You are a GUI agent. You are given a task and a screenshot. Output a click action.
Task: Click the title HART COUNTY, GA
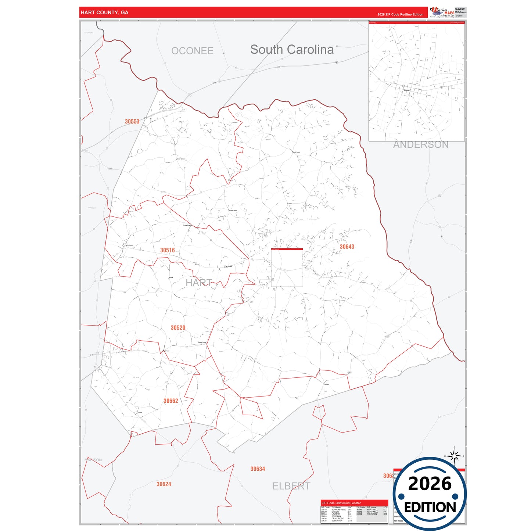104,12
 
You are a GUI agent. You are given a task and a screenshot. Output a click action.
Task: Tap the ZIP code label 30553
132,122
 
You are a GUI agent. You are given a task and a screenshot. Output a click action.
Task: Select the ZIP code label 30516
167,250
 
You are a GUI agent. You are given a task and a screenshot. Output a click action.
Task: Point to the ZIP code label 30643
347,247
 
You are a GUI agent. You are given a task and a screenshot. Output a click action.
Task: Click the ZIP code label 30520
178,328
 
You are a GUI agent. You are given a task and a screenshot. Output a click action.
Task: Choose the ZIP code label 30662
171,401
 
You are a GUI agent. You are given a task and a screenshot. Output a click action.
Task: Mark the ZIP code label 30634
258,469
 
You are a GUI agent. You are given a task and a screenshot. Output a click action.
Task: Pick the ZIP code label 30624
164,484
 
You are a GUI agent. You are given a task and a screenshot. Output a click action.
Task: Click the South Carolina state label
292,50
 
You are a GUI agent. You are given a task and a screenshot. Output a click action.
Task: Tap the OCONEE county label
192,51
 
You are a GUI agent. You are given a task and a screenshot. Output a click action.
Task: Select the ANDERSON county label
421,145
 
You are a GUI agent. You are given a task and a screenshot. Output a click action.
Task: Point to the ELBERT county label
291,486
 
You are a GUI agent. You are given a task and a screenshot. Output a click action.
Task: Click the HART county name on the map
199,283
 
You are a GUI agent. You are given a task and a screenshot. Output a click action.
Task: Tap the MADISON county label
93,460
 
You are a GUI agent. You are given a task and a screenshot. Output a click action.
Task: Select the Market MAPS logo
442,12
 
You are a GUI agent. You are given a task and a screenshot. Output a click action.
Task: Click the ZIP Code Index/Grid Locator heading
341,503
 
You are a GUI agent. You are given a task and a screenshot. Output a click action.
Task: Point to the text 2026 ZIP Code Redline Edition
400,15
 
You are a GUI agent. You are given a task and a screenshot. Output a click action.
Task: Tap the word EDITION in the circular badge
430,507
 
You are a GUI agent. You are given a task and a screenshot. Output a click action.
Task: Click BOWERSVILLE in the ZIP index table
338,510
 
